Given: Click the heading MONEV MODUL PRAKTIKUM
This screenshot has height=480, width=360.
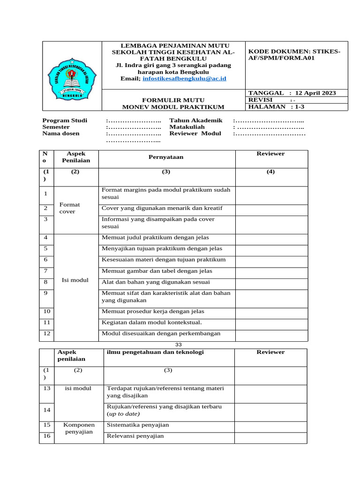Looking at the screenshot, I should [173, 107].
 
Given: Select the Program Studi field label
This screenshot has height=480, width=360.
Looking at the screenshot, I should [65, 120].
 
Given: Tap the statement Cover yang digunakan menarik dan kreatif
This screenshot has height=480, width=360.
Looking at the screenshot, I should [162, 208].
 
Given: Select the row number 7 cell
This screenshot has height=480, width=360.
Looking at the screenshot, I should [46, 271].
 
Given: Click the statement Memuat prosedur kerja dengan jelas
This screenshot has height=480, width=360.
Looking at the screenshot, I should [153, 311].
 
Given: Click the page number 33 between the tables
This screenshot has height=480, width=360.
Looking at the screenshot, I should [178, 345].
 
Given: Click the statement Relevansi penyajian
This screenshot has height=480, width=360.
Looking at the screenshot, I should [135, 436].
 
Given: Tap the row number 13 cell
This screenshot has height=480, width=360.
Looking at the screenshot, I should [46, 389].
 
